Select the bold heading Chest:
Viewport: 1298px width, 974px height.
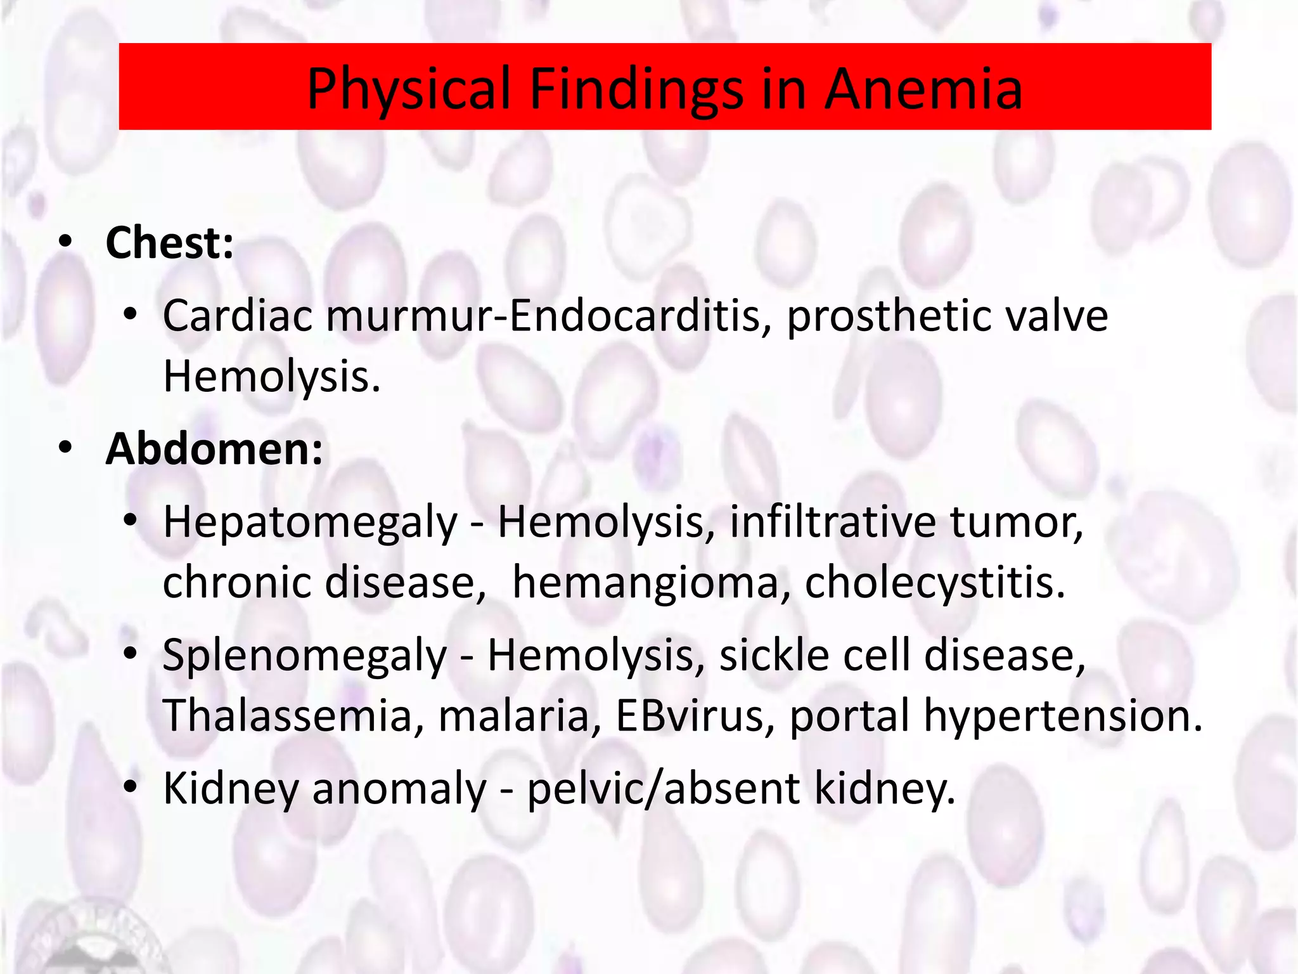click(170, 243)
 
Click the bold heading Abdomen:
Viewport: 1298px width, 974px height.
click(214, 449)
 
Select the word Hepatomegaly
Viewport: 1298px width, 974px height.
click(310, 523)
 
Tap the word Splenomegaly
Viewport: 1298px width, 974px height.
click(305, 656)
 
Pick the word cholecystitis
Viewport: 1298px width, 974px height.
click(935, 582)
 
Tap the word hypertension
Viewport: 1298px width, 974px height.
click(1063, 715)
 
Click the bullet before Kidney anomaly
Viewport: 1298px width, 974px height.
click(131, 788)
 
